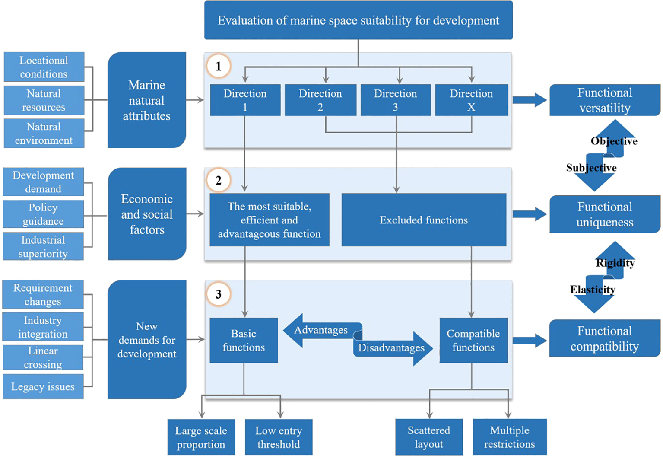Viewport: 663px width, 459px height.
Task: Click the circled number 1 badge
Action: click(219, 66)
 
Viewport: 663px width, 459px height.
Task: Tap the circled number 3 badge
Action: click(219, 294)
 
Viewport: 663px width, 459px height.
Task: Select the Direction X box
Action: click(471, 100)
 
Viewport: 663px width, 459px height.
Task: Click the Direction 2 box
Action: click(320, 100)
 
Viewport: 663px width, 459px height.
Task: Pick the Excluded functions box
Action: click(424, 220)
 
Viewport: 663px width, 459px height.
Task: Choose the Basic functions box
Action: click(244, 340)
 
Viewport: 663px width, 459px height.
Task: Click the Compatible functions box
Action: click(473, 340)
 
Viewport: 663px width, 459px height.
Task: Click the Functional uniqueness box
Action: click(604, 214)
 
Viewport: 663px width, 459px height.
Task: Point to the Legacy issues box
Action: click(43, 387)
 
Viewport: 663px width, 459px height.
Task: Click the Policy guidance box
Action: click(43, 214)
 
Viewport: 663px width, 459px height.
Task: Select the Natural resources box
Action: click(44, 100)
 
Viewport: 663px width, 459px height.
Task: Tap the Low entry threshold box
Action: click(279, 437)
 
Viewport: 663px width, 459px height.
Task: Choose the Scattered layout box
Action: click(429, 437)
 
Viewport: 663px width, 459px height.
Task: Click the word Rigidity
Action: click(615, 263)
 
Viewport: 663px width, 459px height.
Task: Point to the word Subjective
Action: click(591, 168)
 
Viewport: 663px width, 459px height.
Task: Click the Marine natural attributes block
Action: click(147, 100)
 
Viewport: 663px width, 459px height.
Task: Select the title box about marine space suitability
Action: click(358, 20)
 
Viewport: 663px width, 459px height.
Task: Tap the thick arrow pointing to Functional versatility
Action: click(530, 100)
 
